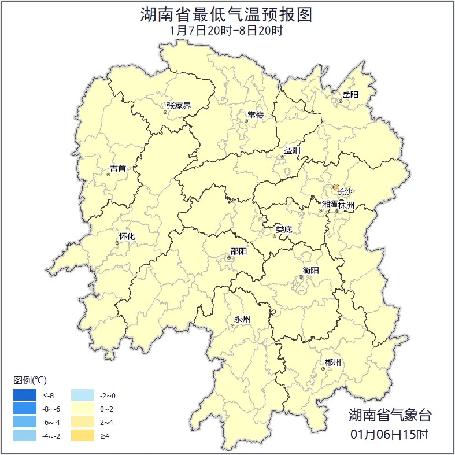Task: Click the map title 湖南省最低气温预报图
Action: point(227,14)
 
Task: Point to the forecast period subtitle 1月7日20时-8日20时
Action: point(227,31)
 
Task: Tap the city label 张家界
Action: point(179,105)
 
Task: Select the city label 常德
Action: point(256,114)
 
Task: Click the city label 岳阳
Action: point(350,95)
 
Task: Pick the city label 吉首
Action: point(118,169)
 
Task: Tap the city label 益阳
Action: point(292,150)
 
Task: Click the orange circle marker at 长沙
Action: point(336,187)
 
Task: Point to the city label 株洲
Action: point(346,205)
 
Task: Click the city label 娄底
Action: point(284,229)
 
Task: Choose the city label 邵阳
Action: point(239,251)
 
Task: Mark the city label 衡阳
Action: point(310,270)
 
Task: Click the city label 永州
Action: point(242,319)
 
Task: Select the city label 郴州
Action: point(332,362)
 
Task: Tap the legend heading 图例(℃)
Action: point(30,380)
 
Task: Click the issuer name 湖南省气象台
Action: point(390,415)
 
